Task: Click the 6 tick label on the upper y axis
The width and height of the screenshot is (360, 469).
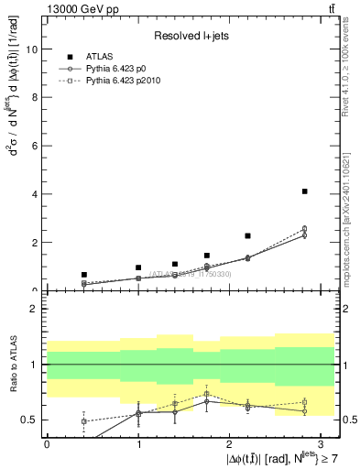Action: (x=36, y=147)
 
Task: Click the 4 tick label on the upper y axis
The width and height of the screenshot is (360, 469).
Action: (x=36, y=194)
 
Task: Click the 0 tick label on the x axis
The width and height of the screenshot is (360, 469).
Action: (x=47, y=443)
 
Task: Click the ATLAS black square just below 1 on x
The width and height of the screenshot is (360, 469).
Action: (x=138, y=267)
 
